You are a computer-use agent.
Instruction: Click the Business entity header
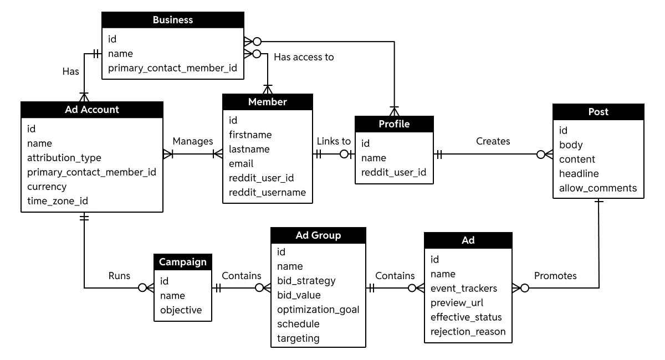[173, 20]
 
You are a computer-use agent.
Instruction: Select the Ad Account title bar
[92, 110]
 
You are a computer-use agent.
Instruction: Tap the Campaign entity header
[183, 262]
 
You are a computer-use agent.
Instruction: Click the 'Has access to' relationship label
[304, 57]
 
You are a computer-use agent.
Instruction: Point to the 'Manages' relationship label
[193, 141]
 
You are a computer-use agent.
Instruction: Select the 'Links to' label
[334, 141]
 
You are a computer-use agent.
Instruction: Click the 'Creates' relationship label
[493, 141]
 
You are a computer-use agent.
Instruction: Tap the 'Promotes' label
[555, 276]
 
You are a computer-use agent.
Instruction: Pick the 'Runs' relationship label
[119, 276]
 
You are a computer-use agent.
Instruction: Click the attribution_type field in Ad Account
[64, 158]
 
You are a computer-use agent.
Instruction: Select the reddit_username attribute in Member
[267, 193]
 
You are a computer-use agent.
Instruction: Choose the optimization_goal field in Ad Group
[318, 310]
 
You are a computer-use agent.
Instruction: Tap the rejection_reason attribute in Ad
[468, 332]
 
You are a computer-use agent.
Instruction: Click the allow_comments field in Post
[598, 188]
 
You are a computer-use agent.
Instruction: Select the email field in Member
[241, 164]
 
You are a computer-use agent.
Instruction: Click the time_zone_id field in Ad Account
[58, 201]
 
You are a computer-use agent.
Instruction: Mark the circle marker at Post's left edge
[541, 155]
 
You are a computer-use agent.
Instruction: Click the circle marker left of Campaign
[142, 287]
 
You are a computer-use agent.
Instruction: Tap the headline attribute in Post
[579, 173]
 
